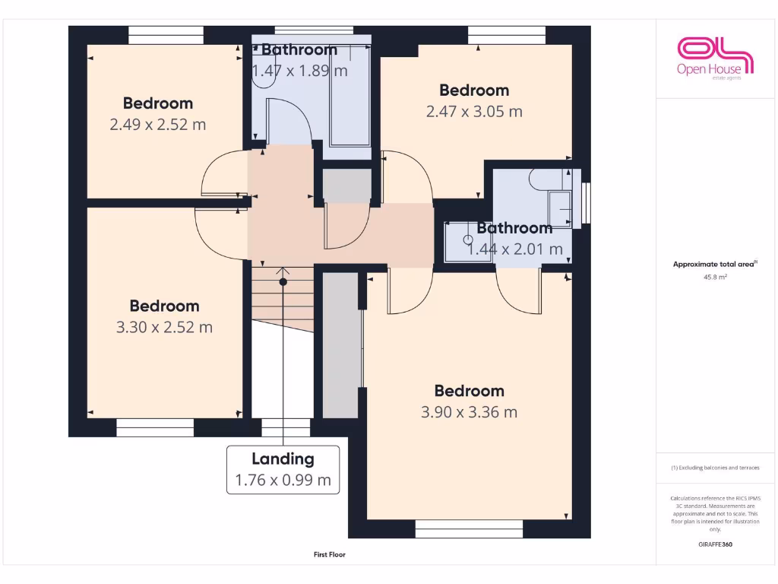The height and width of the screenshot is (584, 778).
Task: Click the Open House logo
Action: (x=715, y=58)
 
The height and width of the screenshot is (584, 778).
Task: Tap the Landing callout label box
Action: (x=283, y=469)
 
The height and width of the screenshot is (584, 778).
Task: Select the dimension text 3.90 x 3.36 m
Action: (x=469, y=412)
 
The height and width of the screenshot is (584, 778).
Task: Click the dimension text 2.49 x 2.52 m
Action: (x=158, y=125)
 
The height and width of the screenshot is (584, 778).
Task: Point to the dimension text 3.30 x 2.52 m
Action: (x=164, y=328)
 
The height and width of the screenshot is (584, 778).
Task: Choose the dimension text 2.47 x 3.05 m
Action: (x=474, y=112)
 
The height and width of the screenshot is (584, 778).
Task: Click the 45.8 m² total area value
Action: (x=715, y=278)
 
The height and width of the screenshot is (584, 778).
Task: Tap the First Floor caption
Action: (x=330, y=555)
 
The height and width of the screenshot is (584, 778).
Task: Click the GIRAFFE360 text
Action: (x=715, y=544)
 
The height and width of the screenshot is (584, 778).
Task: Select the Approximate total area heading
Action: (x=715, y=264)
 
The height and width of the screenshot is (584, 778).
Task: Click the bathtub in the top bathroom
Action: (x=349, y=95)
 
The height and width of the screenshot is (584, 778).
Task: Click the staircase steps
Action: (x=283, y=297)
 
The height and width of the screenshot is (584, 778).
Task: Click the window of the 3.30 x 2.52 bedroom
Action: (x=155, y=428)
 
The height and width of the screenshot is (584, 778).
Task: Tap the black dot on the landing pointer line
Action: (x=283, y=282)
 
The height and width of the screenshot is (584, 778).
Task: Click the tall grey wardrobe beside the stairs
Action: (x=340, y=344)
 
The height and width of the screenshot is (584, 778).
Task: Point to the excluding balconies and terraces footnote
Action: (x=715, y=468)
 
